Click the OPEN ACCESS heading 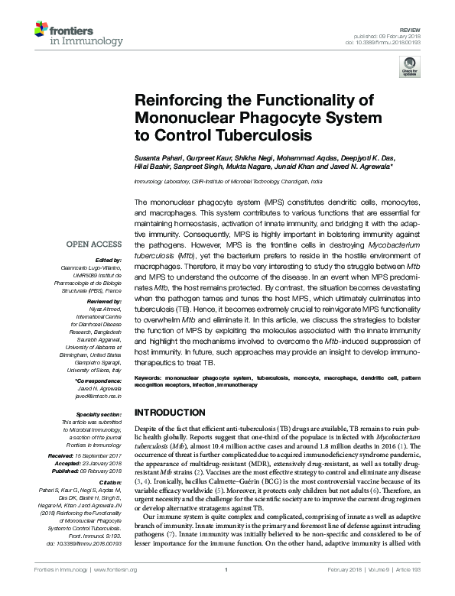[94, 245]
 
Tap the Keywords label [151, 378]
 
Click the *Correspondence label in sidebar [99, 380]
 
